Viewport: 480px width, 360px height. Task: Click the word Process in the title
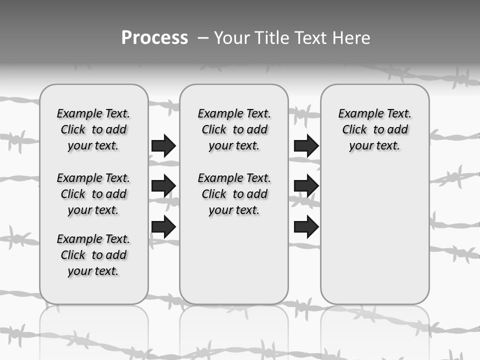click(x=154, y=38)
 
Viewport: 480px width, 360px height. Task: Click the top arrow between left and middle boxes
click(x=163, y=145)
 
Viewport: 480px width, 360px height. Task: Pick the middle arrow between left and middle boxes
click(x=163, y=186)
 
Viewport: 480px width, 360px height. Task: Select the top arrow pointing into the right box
click(x=306, y=145)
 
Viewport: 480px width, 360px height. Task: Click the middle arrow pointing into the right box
click(x=306, y=186)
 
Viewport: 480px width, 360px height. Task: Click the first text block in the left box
click(x=93, y=129)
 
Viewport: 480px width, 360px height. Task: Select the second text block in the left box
click(x=93, y=194)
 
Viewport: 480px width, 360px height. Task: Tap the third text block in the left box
click(x=93, y=255)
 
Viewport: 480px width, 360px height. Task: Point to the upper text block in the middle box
click(x=234, y=129)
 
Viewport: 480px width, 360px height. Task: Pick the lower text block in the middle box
click(x=234, y=194)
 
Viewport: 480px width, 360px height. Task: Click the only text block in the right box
click(x=375, y=129)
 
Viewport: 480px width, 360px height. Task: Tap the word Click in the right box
click(x=354, y=130)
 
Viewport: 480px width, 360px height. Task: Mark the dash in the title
click(x=203, y=38)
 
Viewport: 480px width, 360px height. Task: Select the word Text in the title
click(x=311, y=38)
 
